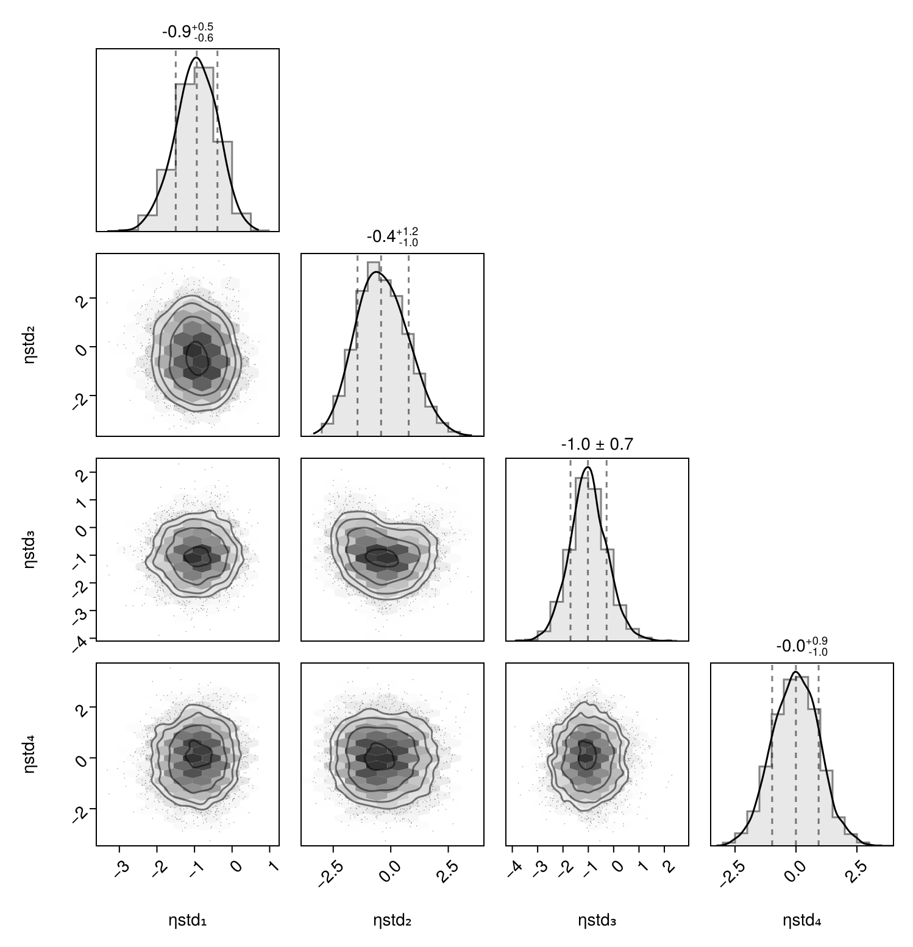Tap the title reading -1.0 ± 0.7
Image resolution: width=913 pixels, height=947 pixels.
[597, 445]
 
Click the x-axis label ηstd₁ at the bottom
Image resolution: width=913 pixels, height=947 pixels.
[188, 921]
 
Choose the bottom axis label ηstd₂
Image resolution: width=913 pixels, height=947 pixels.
[393, 921]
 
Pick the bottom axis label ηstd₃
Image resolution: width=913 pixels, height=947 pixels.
[597, 921]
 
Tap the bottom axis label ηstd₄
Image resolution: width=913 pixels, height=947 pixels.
[802, 921]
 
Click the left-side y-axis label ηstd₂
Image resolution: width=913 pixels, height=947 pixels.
[29, 345]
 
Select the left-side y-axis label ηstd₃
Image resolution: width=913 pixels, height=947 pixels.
[29, 550]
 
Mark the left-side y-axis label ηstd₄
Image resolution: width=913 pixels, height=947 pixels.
[29, 754]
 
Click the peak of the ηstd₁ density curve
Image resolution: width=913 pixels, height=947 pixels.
[196, 58]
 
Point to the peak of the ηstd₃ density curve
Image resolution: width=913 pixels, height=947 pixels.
[588, 467]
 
